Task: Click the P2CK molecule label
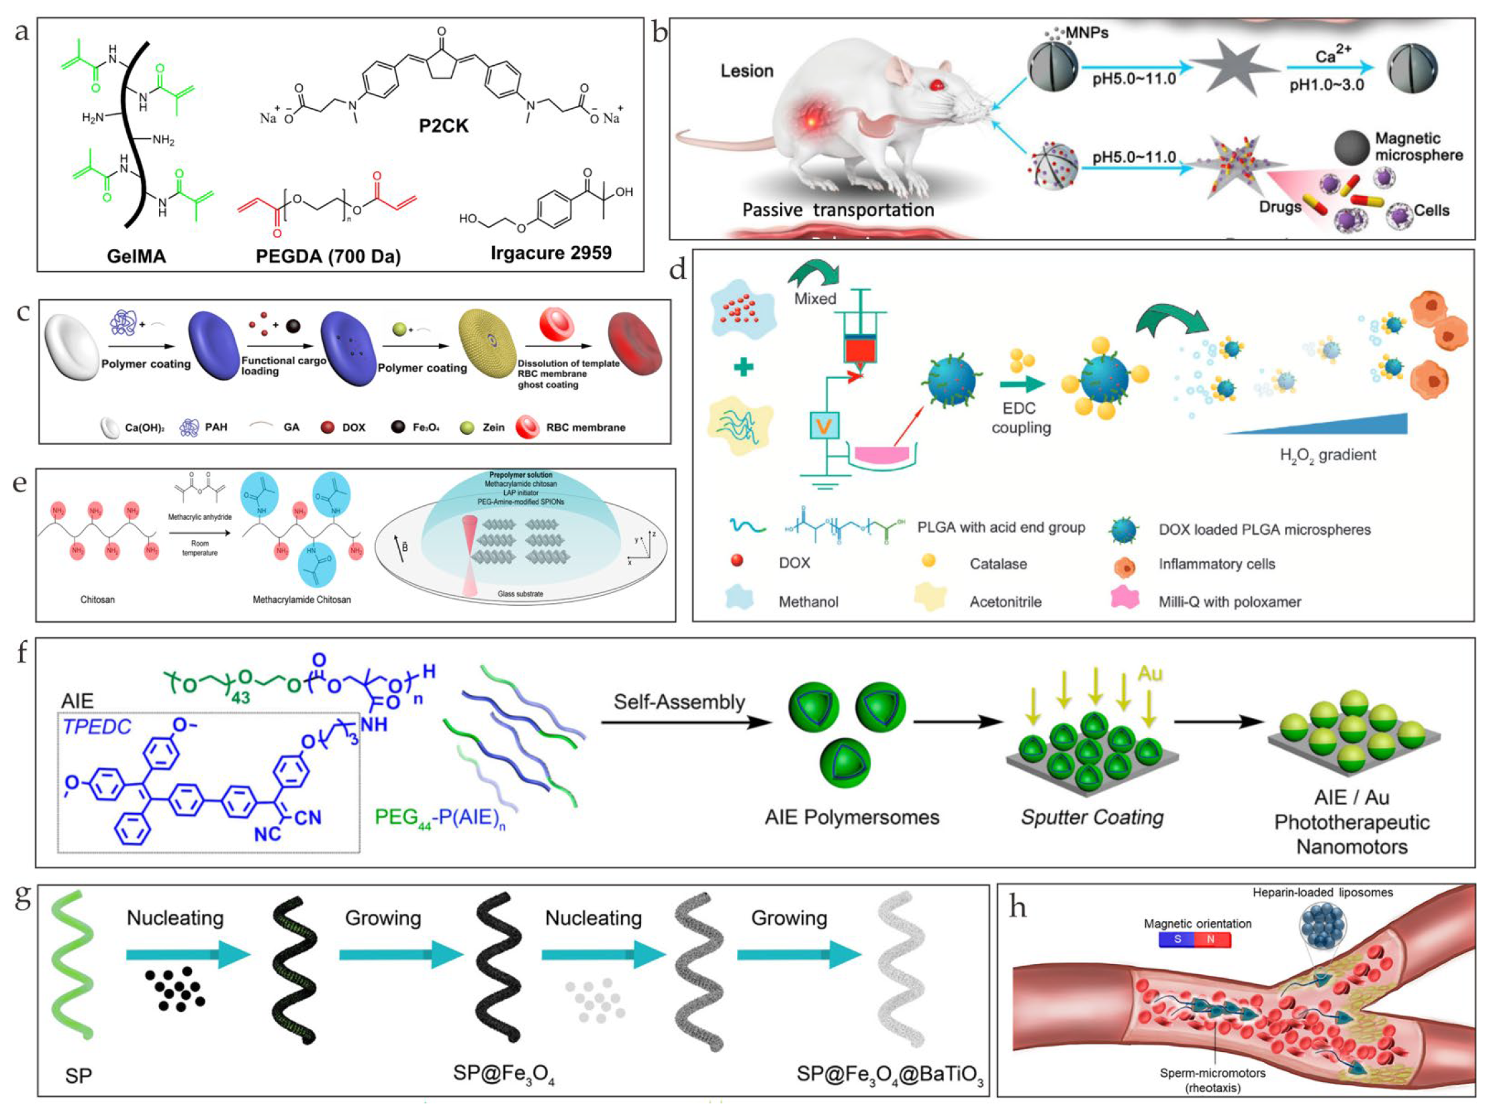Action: click(x=443, y=125)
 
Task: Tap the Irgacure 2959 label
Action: click(x=550, y=253)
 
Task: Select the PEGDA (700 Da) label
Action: click(x=328, y=256)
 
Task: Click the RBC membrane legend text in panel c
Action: click(x=585, y=427)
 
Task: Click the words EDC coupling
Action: click(x=1020, y=417)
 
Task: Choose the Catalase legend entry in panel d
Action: click(x=998, y=564)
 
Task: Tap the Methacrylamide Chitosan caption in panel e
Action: click(x=301, y=600)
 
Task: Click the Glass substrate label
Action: click(x=520, y=594)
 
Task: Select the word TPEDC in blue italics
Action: click(x=97, y=727)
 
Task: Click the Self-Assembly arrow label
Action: click(x=679, y=702)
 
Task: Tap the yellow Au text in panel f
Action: click(x=1149, y=674)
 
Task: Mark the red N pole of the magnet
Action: click(x=1211, y=939)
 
